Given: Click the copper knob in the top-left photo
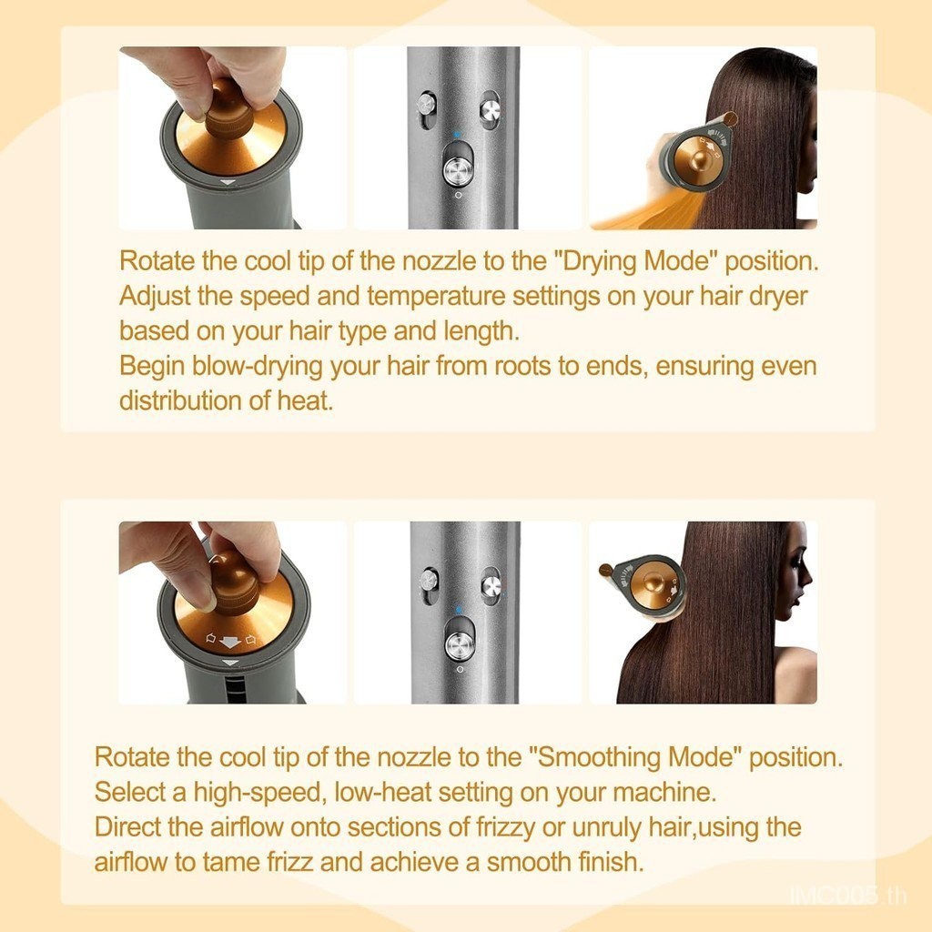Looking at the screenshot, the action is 228,109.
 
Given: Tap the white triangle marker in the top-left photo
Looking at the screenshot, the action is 228,182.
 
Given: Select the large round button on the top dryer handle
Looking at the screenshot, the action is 459,170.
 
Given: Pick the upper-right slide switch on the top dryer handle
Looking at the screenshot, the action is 491,110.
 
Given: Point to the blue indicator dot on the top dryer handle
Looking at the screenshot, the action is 457,135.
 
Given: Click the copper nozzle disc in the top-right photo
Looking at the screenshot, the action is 699,157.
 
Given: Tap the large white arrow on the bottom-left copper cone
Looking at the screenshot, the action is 229,642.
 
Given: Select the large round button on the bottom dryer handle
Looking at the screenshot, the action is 460,646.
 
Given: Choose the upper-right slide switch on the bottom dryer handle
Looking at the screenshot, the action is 491,585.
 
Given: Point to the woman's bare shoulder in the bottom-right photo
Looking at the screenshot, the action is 795,674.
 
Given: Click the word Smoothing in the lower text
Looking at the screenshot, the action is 599,758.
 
